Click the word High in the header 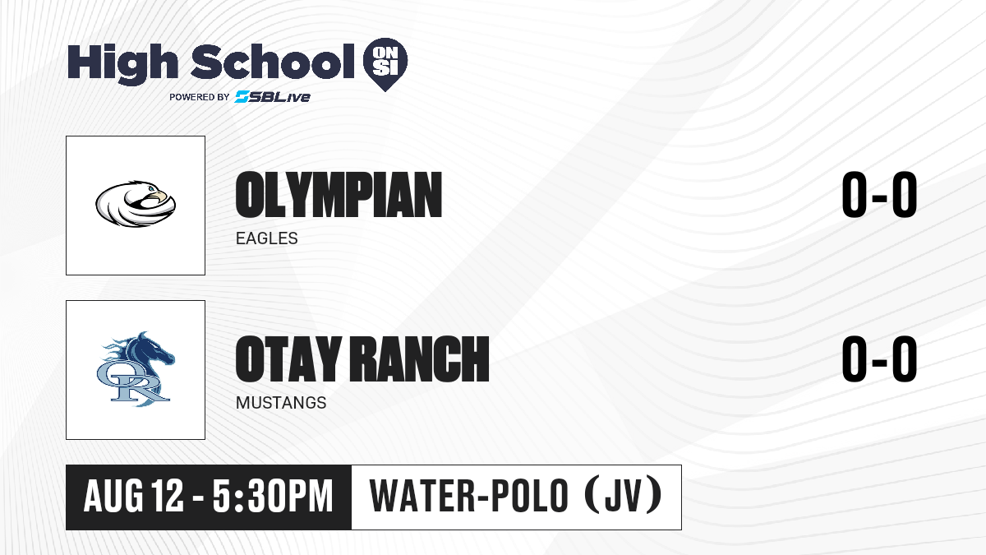coord(122,64)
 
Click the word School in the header coord(273,61)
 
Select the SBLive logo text coord(273,97)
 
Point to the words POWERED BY coord(200,97)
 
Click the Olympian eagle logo coord(136,204)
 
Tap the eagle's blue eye coord(151,189)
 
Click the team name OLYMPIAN coord(339,195)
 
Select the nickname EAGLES coord(267,238)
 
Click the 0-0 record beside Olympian coord(879,195)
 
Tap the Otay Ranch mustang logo coord(136,369)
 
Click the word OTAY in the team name coord(288,359)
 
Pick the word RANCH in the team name coord(420,359)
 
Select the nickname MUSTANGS coord(281,403)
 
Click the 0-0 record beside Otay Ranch coord(879,359)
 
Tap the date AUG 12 coord(133,497)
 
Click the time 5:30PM coord(273,497)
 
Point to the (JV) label coord(624,496)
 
